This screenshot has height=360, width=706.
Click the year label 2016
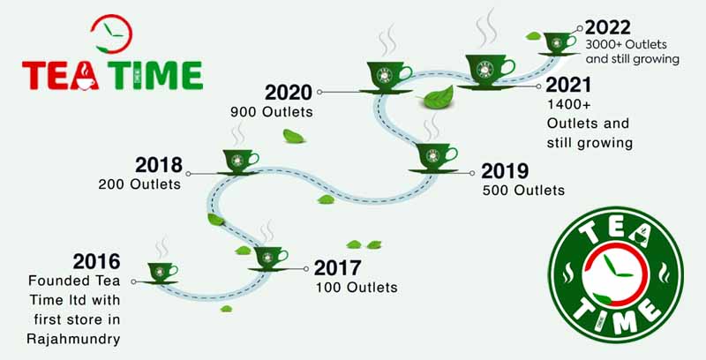[96, 262]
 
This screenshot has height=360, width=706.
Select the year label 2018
[159, 165]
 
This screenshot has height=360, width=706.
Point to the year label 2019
[506, 169]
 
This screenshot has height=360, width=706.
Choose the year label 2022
[609, 26]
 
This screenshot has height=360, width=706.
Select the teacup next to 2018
[237, 161]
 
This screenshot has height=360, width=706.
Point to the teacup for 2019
[435, 157]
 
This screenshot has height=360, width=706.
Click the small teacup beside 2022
[557, 41]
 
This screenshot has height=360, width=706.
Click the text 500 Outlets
[523, 189]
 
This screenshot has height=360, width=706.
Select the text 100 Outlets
[357, 287]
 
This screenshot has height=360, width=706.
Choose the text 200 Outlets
[140, 184]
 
